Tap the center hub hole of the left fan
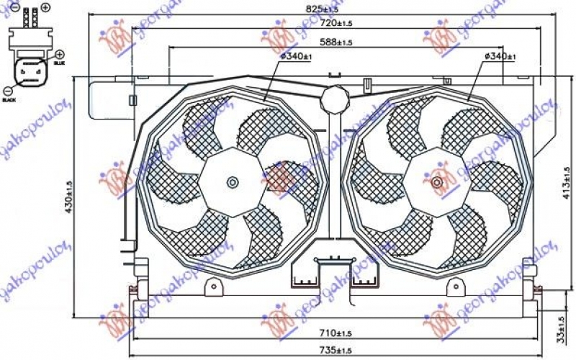pos(233,182)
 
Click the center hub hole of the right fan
pos(437,182)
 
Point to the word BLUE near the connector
pos(59,63)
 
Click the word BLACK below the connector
pos(9,100)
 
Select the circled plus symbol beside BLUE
pos(59,54)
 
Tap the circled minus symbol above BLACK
pos(7,91)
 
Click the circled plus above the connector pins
pos(45,7)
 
